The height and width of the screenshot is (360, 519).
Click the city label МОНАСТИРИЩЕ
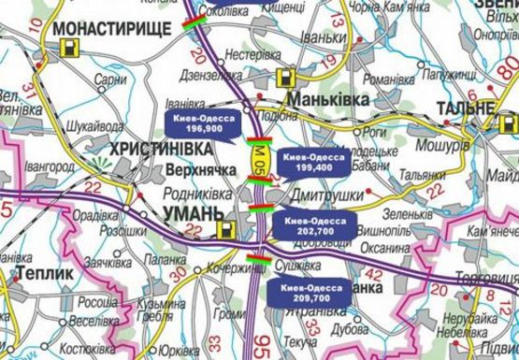[114, 29]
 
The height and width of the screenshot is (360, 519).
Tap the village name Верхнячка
[198, 172]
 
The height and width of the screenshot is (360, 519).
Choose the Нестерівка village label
[248, 54]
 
